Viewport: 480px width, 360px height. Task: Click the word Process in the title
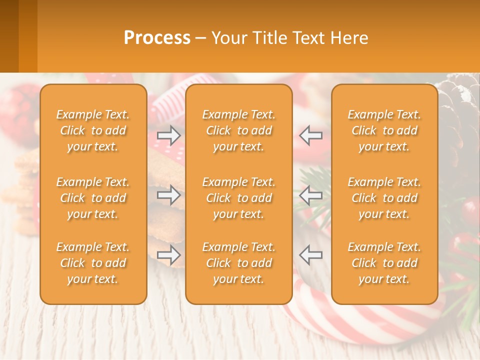pyautogui.click(x=157, y=38)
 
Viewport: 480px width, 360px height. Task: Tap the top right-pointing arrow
pyautogui.click(x=169, y=135)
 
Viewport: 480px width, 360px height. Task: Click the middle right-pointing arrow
pyautogui.click(x=169, y=195)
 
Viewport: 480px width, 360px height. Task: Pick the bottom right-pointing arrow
pyautogui.click(x=169, y=255)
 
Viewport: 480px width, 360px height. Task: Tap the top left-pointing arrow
pyautogui.click(x=310, y=135)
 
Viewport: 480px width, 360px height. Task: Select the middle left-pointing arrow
pyautogui.click(x=310, y=195)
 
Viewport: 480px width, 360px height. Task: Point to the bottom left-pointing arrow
pyautogui.click(x=310, y=255)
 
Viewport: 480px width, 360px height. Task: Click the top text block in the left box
pyautogui.click(x=93, y=130)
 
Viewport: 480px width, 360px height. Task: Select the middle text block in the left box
pyautogui.click(x=93, y=198)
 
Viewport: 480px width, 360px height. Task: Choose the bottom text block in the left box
pyautogui.click(x=93, y=263)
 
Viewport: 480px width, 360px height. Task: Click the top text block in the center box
pyautogui.click(x=238, y=130)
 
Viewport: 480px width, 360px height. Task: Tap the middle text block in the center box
pyautogui.click(x=238, y=198)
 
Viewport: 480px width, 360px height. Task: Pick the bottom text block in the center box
pyautogui.click(x=238, y=263)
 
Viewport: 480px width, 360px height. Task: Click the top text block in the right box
pyautogui.click(x=384, y=130)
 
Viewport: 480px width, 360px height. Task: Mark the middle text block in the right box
pyautogui.click(x=384, y=198)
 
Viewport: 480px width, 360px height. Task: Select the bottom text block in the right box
pyautogui.click(x=384, y=263)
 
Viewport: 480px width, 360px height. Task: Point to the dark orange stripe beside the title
pyautogui.click(x=9, y=36)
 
